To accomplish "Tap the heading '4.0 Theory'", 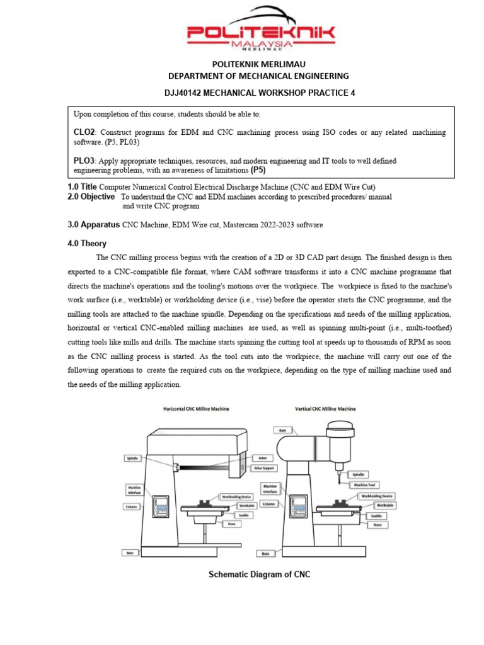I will pos(87,243).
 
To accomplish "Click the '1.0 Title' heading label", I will pos(82,187).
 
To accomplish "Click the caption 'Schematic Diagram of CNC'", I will pos(260,574).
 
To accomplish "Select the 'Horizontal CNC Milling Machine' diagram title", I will pos(196,409).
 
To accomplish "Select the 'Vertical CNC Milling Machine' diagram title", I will pos(325,409).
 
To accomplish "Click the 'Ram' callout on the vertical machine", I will pos(279,430).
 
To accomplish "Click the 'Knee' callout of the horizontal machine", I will pos(231,523).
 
